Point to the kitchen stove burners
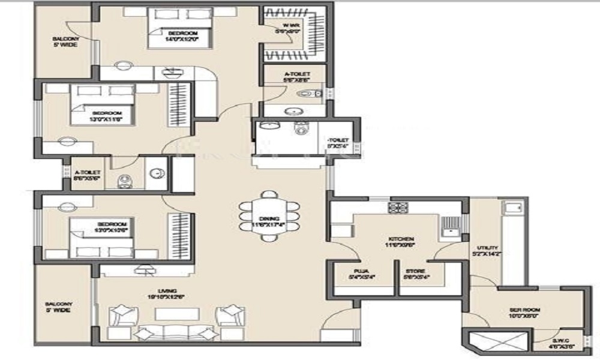pos(398,208)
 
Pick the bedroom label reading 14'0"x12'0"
pos(182,35)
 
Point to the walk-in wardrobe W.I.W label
pos(283,29)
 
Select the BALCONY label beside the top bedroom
pos(64,43)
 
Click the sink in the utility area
pos(511,208)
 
